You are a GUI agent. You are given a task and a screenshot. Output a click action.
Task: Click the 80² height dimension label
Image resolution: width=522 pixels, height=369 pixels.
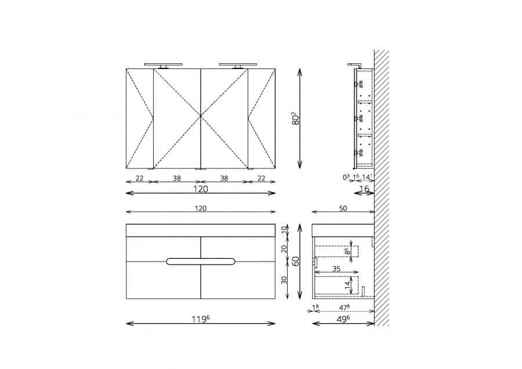tap(296, 118)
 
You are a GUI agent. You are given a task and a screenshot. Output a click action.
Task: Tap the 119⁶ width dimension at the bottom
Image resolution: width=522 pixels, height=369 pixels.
tap(201, 319)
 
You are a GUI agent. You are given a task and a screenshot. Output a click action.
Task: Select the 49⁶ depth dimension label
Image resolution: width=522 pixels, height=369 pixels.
tap(343, 319)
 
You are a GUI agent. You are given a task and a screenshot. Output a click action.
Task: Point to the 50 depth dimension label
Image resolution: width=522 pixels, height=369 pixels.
tap(343, 208)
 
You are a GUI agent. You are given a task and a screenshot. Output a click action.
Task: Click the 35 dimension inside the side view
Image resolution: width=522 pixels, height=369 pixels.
tap(336, 269)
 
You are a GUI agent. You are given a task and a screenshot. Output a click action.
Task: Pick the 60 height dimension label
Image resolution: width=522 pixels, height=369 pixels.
tap(296, 261)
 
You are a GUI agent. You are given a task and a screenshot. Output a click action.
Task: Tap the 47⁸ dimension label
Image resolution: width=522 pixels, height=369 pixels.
tap(344, 307)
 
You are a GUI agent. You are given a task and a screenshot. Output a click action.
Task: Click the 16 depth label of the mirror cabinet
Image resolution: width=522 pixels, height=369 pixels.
tap(365, 189)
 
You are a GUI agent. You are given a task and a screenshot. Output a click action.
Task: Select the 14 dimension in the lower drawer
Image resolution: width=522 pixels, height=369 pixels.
tap(347, 285)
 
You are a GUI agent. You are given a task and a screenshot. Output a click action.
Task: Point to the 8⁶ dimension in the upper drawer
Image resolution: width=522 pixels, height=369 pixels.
tap(347, 251)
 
